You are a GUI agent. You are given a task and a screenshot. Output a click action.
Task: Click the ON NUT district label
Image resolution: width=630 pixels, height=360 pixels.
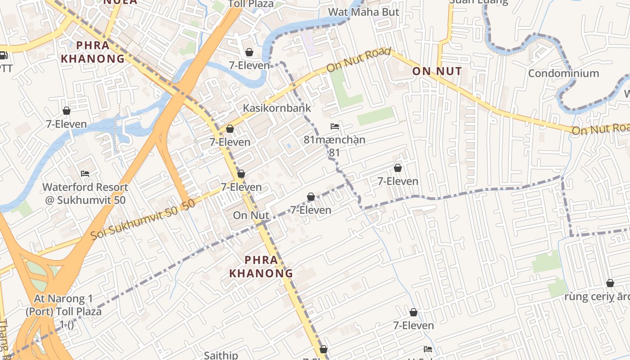click(437, 71)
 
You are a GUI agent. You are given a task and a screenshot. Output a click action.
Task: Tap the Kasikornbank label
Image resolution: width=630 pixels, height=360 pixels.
click(277, 108)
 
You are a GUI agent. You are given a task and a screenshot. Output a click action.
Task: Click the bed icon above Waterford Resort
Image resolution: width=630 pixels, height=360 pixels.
click(85, 174)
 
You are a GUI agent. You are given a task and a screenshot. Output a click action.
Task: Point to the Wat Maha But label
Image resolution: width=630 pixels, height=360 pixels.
click(364, 12)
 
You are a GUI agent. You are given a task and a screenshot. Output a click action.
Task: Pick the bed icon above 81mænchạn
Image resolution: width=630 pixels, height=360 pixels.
click(334, 126)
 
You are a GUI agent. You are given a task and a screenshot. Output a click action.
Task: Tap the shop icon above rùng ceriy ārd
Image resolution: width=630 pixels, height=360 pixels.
click(610, 283)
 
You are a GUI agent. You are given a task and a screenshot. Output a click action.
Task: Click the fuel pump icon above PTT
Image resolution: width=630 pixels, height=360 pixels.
click(3, 56)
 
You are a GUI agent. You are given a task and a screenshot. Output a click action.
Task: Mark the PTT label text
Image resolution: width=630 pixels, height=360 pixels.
click(5, 68)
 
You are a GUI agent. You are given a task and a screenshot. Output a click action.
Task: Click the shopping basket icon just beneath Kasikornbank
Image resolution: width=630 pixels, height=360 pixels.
click(230, 129)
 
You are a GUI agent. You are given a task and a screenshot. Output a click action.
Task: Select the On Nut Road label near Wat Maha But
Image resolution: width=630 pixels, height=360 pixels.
click(359, 59)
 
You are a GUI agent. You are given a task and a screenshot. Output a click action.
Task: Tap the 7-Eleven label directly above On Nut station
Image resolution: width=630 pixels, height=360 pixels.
click(241, 187)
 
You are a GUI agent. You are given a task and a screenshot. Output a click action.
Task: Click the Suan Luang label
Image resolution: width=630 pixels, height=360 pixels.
click(478, 1)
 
